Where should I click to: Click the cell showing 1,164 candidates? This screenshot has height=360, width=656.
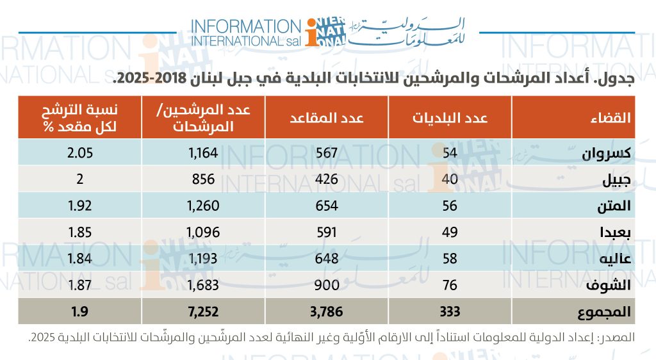click(201, 154)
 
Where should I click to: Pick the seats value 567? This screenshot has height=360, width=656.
click(328, 154)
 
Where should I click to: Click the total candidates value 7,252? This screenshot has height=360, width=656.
click(201, 311)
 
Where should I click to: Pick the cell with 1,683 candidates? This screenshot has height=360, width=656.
click(201, 285)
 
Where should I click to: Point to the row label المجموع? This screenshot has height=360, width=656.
click(606, 312)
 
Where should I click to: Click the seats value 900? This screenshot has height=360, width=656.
click(328, 285)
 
